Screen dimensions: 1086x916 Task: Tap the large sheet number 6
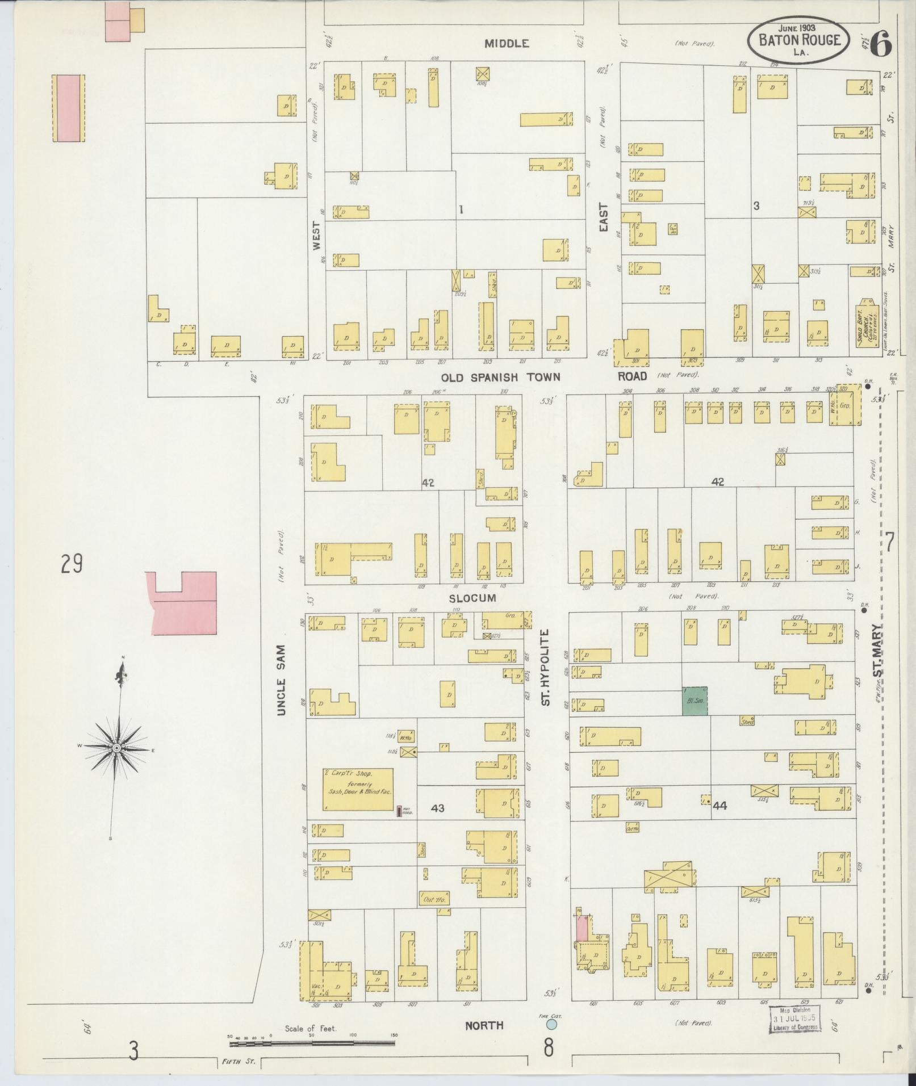click(x=880, y=43)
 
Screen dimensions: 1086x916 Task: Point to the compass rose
click(x=116, y=748)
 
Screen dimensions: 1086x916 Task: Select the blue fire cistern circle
click(x=550, y=1025)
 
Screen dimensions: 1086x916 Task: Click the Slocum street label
click(x=472, y=598)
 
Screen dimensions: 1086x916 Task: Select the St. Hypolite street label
click(x=546, y=667)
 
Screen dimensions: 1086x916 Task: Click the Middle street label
click(x=507, y=43)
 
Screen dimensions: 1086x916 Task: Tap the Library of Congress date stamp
click(x=795, y=1018)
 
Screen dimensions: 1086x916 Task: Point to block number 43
click(x=437, y=808)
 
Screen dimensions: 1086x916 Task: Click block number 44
click(x=720, y=805)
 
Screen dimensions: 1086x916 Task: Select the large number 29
click(x=72, y=565)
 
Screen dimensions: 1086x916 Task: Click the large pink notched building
click(x=183, y=603)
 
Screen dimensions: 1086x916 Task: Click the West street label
click(x=316, y=236)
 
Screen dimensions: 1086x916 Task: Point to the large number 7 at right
click(x=889, y=543)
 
